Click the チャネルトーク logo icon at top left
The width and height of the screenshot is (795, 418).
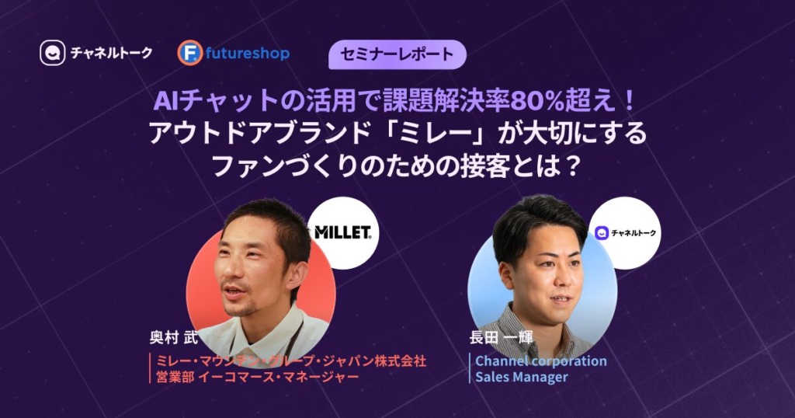click(x=53, y=53)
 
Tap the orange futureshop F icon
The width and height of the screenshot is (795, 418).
click(x=190, y=53)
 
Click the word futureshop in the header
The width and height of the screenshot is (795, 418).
click(x=248, y=54)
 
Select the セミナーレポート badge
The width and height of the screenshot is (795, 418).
click(x=397, y=54)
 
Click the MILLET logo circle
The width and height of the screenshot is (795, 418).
click(x=343, y=233)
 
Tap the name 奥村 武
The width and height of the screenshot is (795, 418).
click(x=173, y=338)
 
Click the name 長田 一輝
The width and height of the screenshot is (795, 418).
click(x=501, y=337)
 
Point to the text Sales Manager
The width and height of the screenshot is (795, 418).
click(x=522, y=377)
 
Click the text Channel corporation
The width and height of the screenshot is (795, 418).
click(x=541, y=361)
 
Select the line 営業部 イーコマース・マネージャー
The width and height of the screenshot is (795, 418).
click(x=258, y=377)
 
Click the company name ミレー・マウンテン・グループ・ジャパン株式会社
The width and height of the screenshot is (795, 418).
click(x=291, y=361)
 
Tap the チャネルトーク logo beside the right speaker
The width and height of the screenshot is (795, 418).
click(x=625, y=233)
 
